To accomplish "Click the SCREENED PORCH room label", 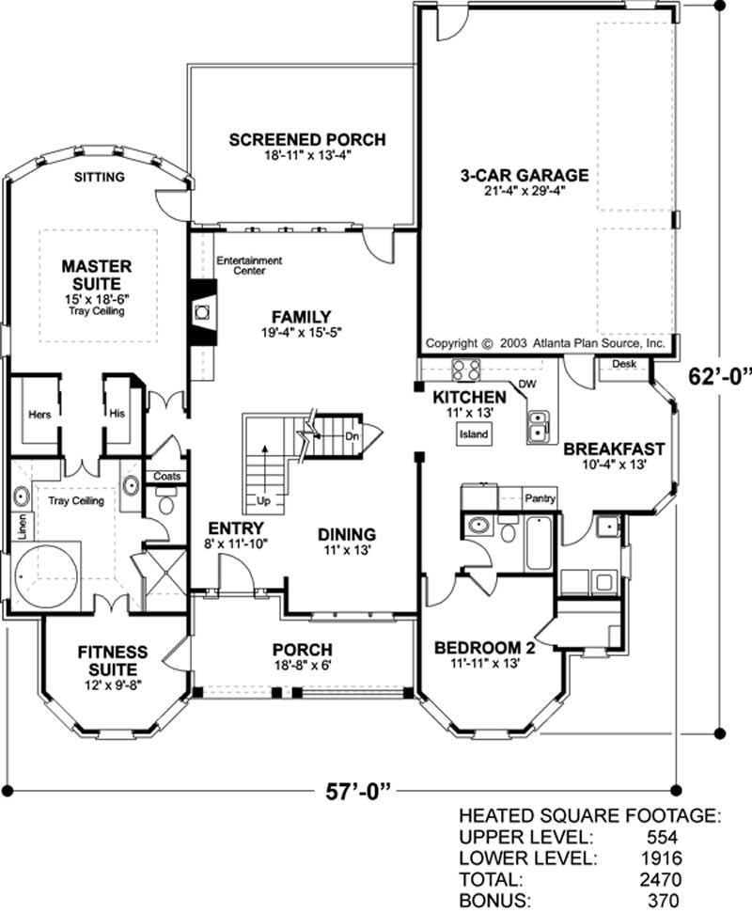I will [306, 140].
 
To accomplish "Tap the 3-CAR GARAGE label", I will [524, 175].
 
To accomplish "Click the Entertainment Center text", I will [249, 265].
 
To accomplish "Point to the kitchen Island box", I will [472, 434].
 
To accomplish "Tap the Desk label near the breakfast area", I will [624, 364].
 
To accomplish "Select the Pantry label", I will [540, 498].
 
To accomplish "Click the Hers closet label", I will [39, 413].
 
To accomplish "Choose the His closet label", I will [117, 413].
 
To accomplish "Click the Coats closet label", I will [166, 477].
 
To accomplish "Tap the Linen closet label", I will [20, 526].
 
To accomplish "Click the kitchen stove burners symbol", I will [467, 369].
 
